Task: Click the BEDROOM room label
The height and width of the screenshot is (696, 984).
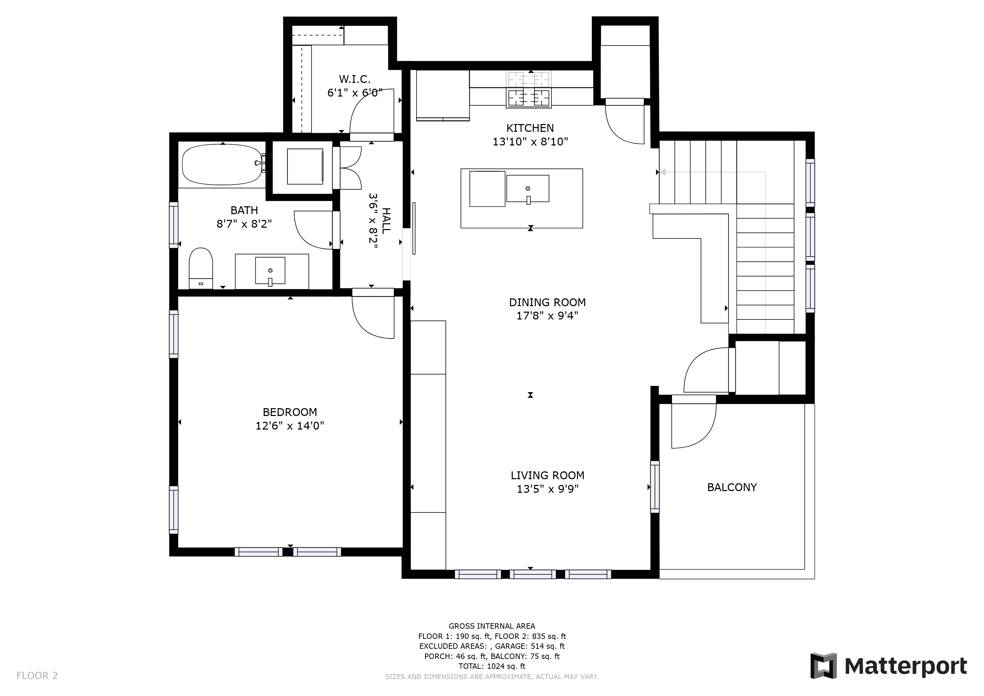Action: point(290,412)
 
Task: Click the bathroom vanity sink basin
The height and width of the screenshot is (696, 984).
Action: point(270,271)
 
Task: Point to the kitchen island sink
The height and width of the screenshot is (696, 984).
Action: point(528,189)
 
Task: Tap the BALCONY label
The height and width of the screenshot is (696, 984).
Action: point(732,487)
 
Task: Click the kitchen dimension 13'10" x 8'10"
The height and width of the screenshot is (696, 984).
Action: point(530,142)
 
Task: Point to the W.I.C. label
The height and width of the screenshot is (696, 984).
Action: point(354,79)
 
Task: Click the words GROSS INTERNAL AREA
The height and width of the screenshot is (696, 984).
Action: point(492,626)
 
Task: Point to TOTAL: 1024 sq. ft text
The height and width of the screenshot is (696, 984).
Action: point(492,666)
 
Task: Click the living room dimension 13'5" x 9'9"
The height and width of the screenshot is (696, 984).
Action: point(547,489)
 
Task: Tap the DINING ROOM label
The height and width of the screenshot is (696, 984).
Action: point(547,302)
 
